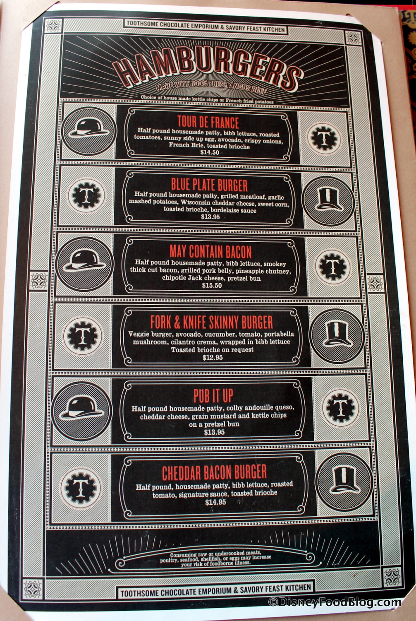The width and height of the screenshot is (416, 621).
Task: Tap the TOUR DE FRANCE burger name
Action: click(x=208, y=122)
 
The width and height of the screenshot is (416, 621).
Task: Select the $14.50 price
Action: click(x=210, y=152)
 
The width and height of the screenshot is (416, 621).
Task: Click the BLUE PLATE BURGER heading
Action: click(x=209, y=185)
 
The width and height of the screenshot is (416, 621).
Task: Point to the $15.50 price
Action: click(x=212, y=286)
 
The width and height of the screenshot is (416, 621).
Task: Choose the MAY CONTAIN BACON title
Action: click(x=210, y=252)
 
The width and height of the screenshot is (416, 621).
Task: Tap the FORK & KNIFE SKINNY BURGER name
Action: click(x=212, y=322)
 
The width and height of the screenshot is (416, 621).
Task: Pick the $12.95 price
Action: click(x=213, y=358)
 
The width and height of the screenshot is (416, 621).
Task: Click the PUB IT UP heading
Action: click(x=213, y=396)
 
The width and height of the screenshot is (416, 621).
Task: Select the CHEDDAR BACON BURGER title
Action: click(x=214, y=473)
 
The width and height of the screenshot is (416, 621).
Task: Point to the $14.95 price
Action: click(x=215, y=502)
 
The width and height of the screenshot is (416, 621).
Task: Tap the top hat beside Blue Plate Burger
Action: click(x=329, y=201)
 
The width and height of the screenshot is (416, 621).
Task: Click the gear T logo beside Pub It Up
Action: click(x=340, y=408)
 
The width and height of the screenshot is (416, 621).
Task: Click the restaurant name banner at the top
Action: click(x=206, y=26)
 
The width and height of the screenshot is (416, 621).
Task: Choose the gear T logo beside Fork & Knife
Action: click(x=83, y=336)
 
